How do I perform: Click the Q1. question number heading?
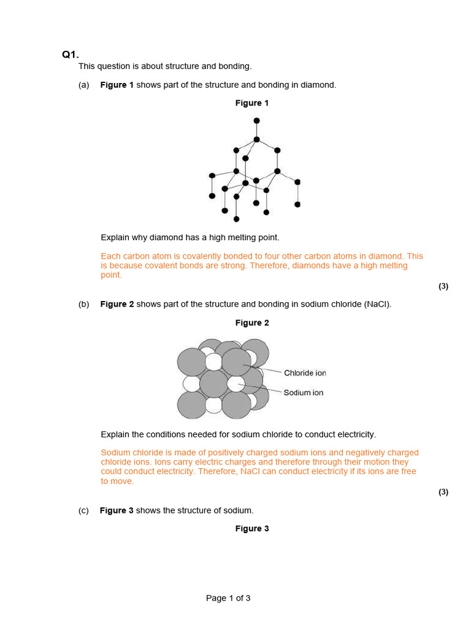point(71,55)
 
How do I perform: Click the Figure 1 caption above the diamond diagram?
point(252,103)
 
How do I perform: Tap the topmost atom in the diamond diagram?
point(256,120)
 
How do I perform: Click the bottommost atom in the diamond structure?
point(236,219)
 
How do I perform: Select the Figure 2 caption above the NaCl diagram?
point(252,323)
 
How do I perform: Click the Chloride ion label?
point(305,373)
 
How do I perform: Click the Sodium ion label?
point(303,393)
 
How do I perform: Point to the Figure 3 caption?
point(252,529)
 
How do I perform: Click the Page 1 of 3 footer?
point(228,598)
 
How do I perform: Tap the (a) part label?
point(84,85)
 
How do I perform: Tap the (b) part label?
point(84,304)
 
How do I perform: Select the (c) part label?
point(83,510)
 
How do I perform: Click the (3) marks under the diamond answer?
point(443,286)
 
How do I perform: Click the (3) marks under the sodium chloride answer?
point(443,492)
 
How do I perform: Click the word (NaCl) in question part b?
point(377,304)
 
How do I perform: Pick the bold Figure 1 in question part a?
point(117,85)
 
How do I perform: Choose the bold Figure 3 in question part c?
point(117,510)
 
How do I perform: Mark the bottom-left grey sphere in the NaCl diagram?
point(192,404)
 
